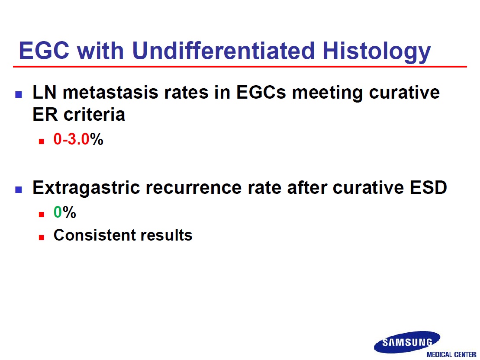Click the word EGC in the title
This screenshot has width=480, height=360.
44,50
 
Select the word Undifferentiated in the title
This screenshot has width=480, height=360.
223,50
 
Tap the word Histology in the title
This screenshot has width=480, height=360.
377,52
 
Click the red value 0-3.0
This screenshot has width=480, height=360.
71,139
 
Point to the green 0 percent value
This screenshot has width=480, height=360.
58,212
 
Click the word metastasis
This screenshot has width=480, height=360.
110,92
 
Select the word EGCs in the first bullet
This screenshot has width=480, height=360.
261,92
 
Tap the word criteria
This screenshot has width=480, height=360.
94,115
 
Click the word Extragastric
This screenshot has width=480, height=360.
86,188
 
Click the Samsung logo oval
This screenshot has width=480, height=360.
407,342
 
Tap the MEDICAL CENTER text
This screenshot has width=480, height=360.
451,354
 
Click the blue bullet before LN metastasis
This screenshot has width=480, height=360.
18,94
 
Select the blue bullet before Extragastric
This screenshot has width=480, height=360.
18,190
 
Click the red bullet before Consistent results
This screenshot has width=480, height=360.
42,237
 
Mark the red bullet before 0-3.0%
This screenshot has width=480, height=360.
42,141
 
